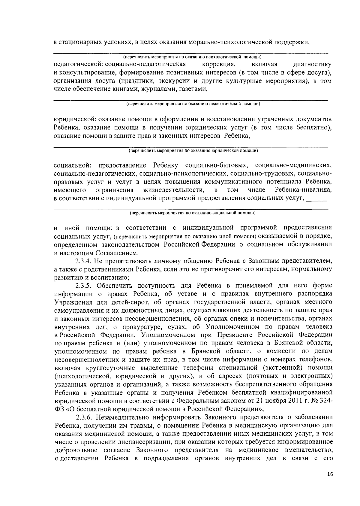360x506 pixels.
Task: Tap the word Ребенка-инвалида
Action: tap(303, 190)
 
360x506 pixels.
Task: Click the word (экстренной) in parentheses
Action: tap(280, 368)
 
